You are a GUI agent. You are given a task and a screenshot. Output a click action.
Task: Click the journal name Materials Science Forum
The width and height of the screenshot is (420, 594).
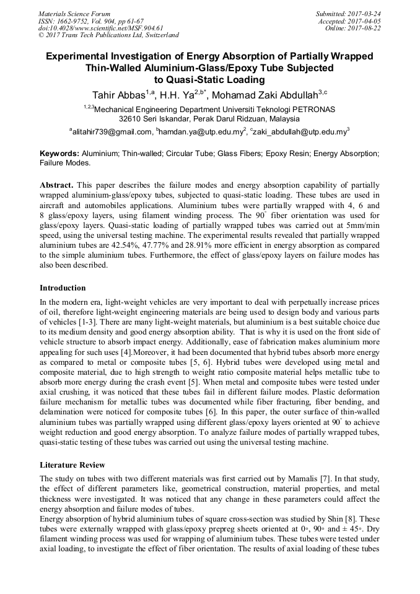tap(74, 13)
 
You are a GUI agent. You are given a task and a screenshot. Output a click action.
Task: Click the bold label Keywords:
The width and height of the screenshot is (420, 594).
tap(59, 153)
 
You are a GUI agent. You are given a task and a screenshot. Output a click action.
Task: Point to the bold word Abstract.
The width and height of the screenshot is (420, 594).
tap(56, 185)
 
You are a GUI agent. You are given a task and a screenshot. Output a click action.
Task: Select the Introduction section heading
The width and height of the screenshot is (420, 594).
tap(63, 288)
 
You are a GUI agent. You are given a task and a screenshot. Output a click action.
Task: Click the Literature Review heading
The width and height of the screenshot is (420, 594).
tap(72, 465)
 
